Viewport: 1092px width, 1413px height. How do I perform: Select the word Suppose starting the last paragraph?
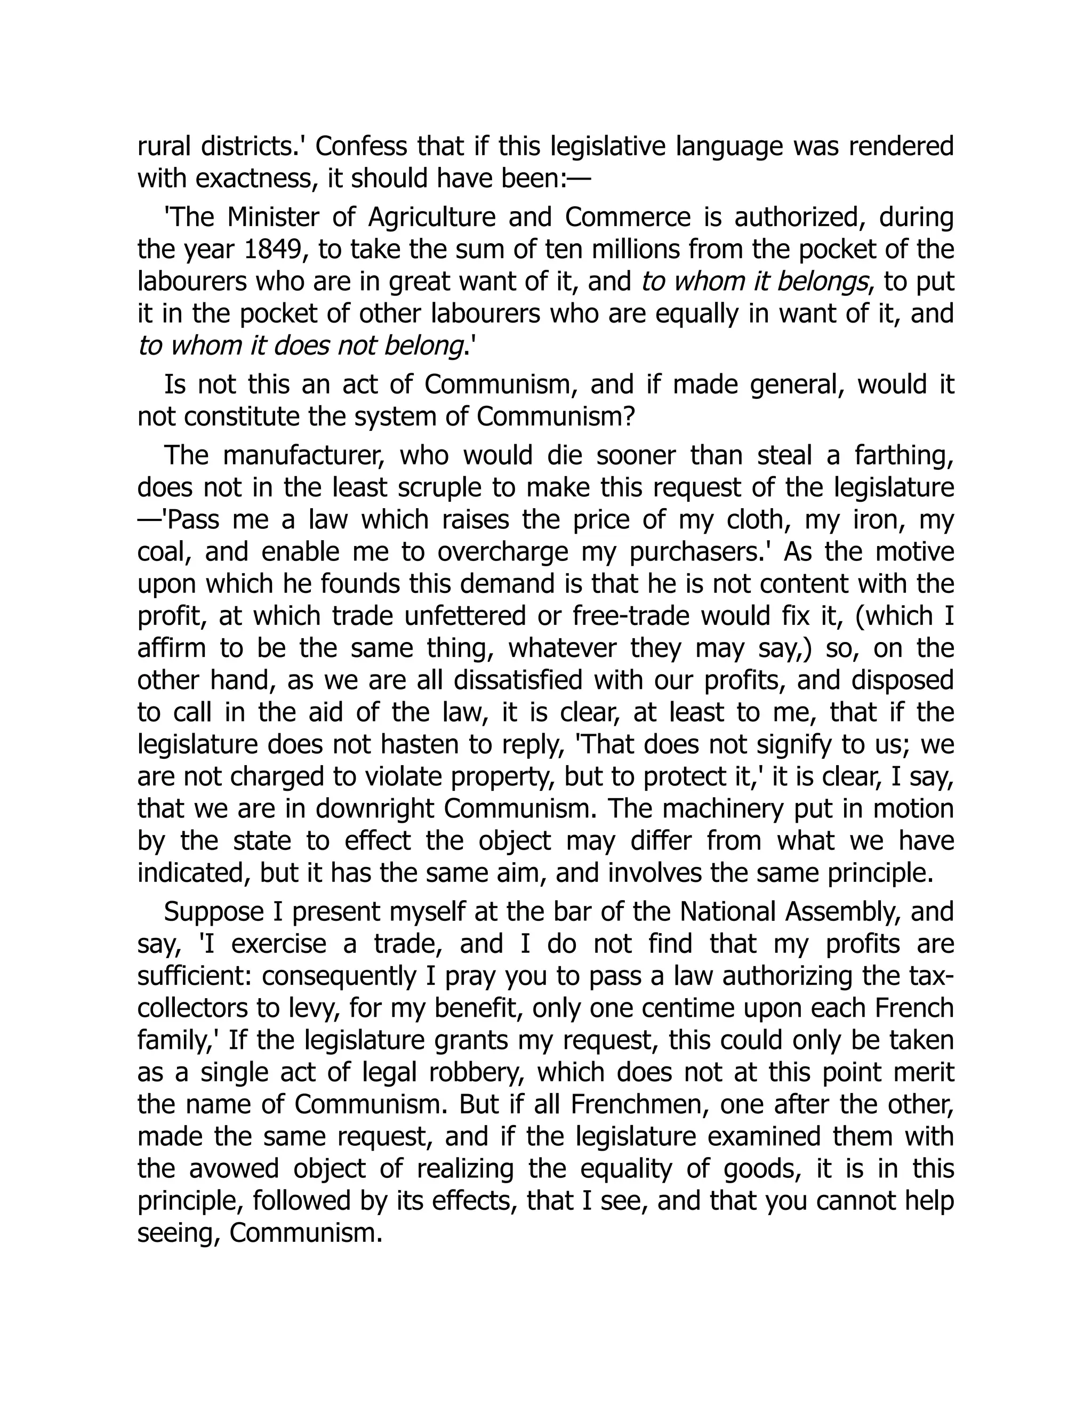click(x=213, y=912)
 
